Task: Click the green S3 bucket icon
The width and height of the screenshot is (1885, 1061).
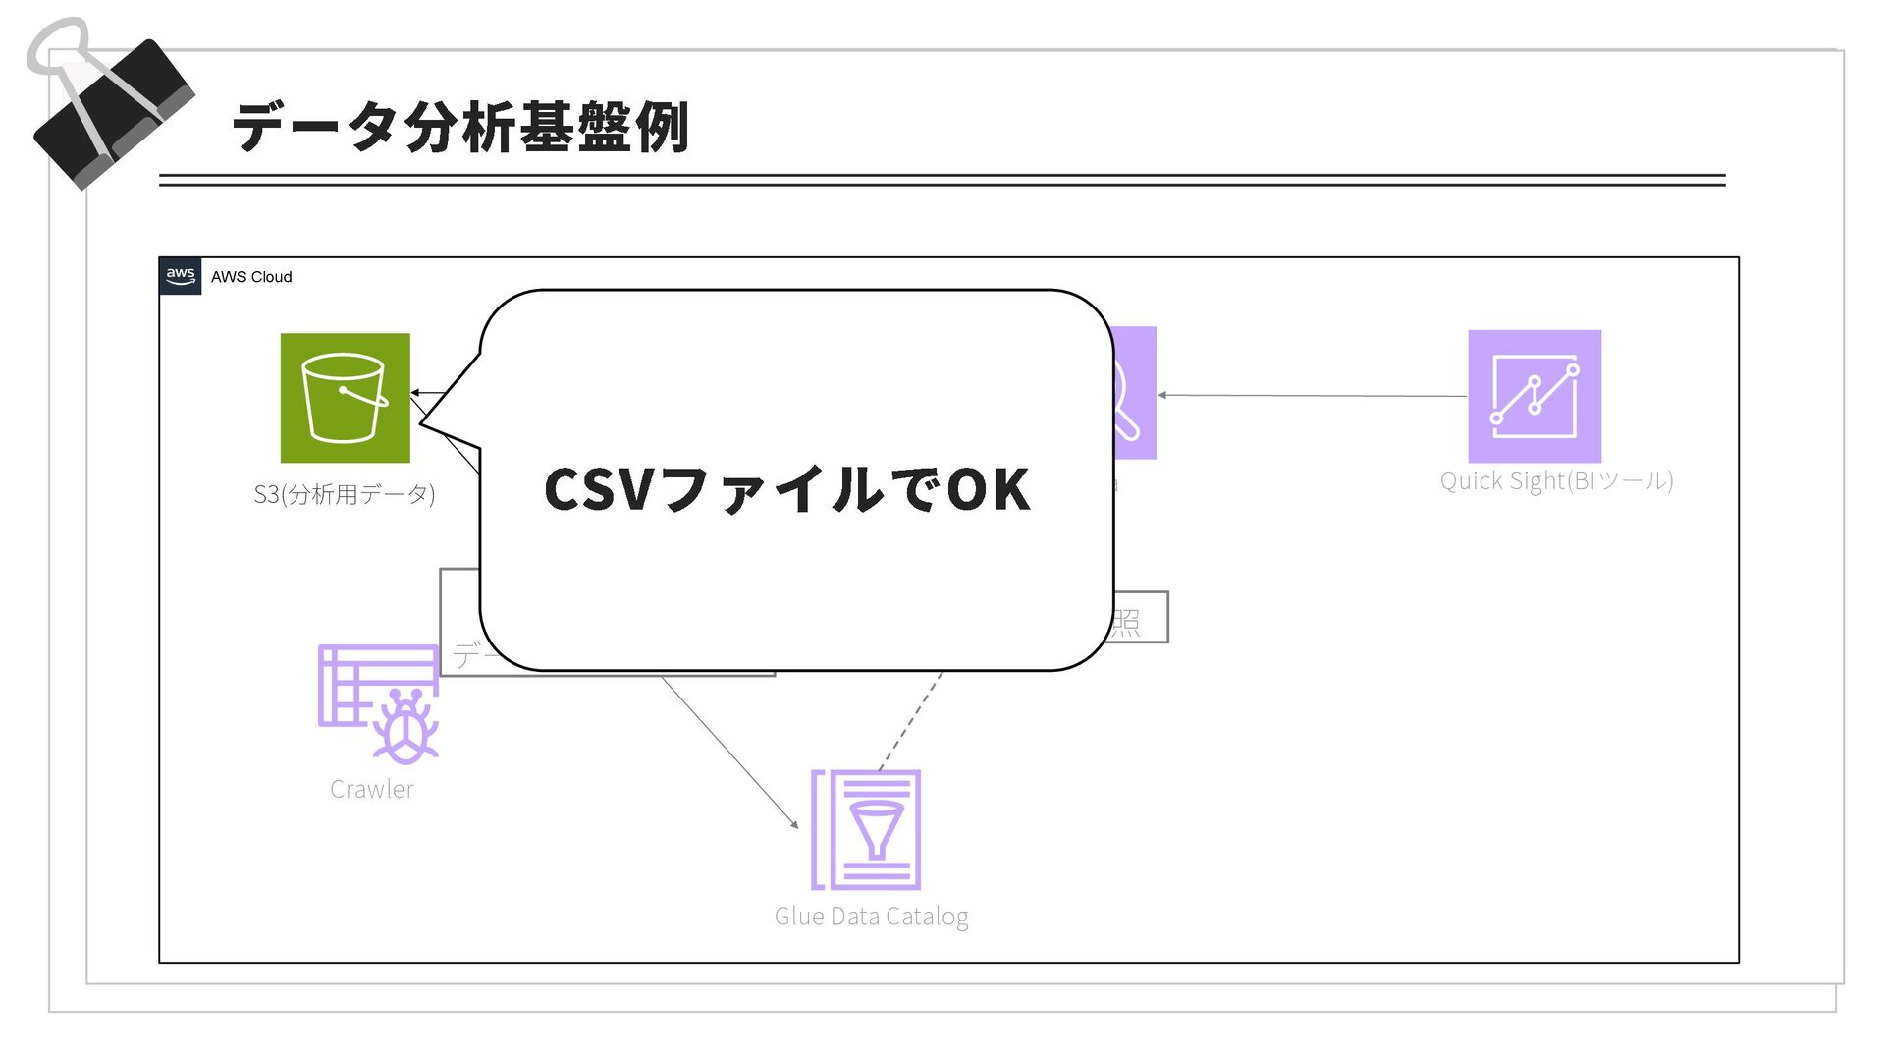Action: (345, 398)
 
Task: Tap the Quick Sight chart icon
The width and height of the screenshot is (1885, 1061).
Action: (1534, 396)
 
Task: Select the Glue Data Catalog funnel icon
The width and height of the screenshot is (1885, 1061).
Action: (866, 830)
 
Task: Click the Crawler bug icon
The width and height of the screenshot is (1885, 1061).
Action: (379, 703)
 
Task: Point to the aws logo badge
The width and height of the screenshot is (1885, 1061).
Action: (181, 276)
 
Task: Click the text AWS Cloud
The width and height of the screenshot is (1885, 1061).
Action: (251, 277)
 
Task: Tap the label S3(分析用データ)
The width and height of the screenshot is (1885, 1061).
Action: (344, 493)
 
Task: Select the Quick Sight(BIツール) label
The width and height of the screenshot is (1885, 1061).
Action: (1556, 480)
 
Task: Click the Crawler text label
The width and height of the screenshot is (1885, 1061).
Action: (371, 789)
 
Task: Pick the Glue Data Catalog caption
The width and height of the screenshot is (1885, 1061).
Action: (871, 916)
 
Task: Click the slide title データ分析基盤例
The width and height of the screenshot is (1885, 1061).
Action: (460, 128)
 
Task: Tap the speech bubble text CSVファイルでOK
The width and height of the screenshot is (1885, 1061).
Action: (786, 489)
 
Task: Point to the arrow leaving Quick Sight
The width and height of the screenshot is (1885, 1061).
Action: (1316, 396)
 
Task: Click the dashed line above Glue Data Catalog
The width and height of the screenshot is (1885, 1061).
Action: (911, 721)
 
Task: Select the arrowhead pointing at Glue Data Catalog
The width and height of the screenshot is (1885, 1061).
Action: (793, 824)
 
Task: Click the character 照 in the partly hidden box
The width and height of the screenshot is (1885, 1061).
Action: (1126, 622)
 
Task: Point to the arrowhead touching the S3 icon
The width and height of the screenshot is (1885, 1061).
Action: (415, 393)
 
